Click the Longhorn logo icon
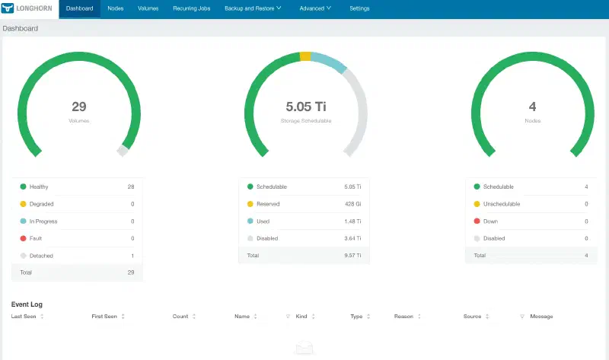point(8,8)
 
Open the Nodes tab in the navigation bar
point(116,8)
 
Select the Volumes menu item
point(148,8)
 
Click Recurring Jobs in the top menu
point(192,8)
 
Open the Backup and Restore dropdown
point(253,8)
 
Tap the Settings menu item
point(359,8)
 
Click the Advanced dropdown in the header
point(315,8)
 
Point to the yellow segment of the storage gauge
point(305,56)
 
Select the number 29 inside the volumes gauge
point(79,107)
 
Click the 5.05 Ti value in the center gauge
point(306,107)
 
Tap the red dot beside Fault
point(23,238)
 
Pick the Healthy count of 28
point(131,186)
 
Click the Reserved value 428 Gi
point(353,204)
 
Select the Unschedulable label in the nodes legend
point(502,204)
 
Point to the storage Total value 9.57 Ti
point(352,256)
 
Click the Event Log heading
point(27,304)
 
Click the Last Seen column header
point(24,317)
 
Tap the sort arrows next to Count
point(194,317)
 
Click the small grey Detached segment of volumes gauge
point(123,151)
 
